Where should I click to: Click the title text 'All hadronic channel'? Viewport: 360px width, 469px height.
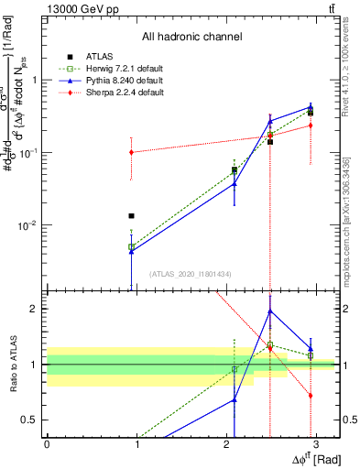click(x=191, y=37)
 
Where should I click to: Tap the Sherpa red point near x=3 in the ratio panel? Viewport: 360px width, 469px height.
click(x=311, y=396)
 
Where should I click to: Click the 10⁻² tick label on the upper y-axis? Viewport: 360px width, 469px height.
click(x=29, y=225)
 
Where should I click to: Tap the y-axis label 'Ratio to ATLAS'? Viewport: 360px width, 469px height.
click(x=11, y=364)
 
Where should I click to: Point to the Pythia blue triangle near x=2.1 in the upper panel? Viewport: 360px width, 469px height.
click(x=235, y=184)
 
